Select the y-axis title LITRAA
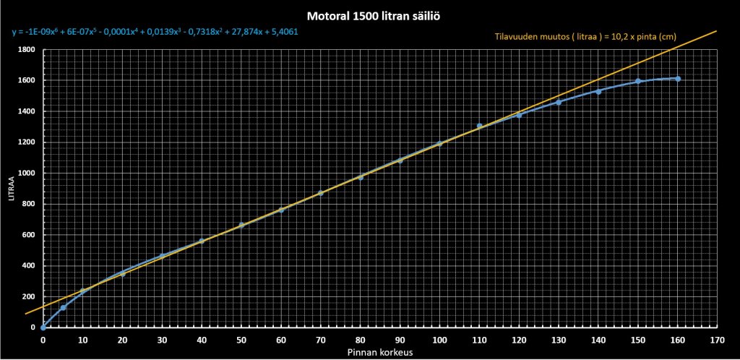pyautogui.click(x=12, y=190)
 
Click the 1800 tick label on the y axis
pyautogui.click(x=27, y=50)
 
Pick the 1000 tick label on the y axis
pyautogui.click(x=27, y=173)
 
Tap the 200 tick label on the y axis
pyautogui.click(x=29, y=297)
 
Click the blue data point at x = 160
pyautogui.click(x=678, y=79)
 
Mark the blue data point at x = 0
pyautogui.click(x=43, y=327)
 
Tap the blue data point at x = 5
pyautogui.click(x=63, y=307)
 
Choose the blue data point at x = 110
pyautogui.click(x=479, y=126)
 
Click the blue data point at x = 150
pyautogui.click(x=638, y=81)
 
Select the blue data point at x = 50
pyautogui.click(x=241, y=225)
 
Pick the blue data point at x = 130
pyautogui.click(x=559, y=102)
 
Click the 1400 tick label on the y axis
pyautogui.click(x=27, y=112)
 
